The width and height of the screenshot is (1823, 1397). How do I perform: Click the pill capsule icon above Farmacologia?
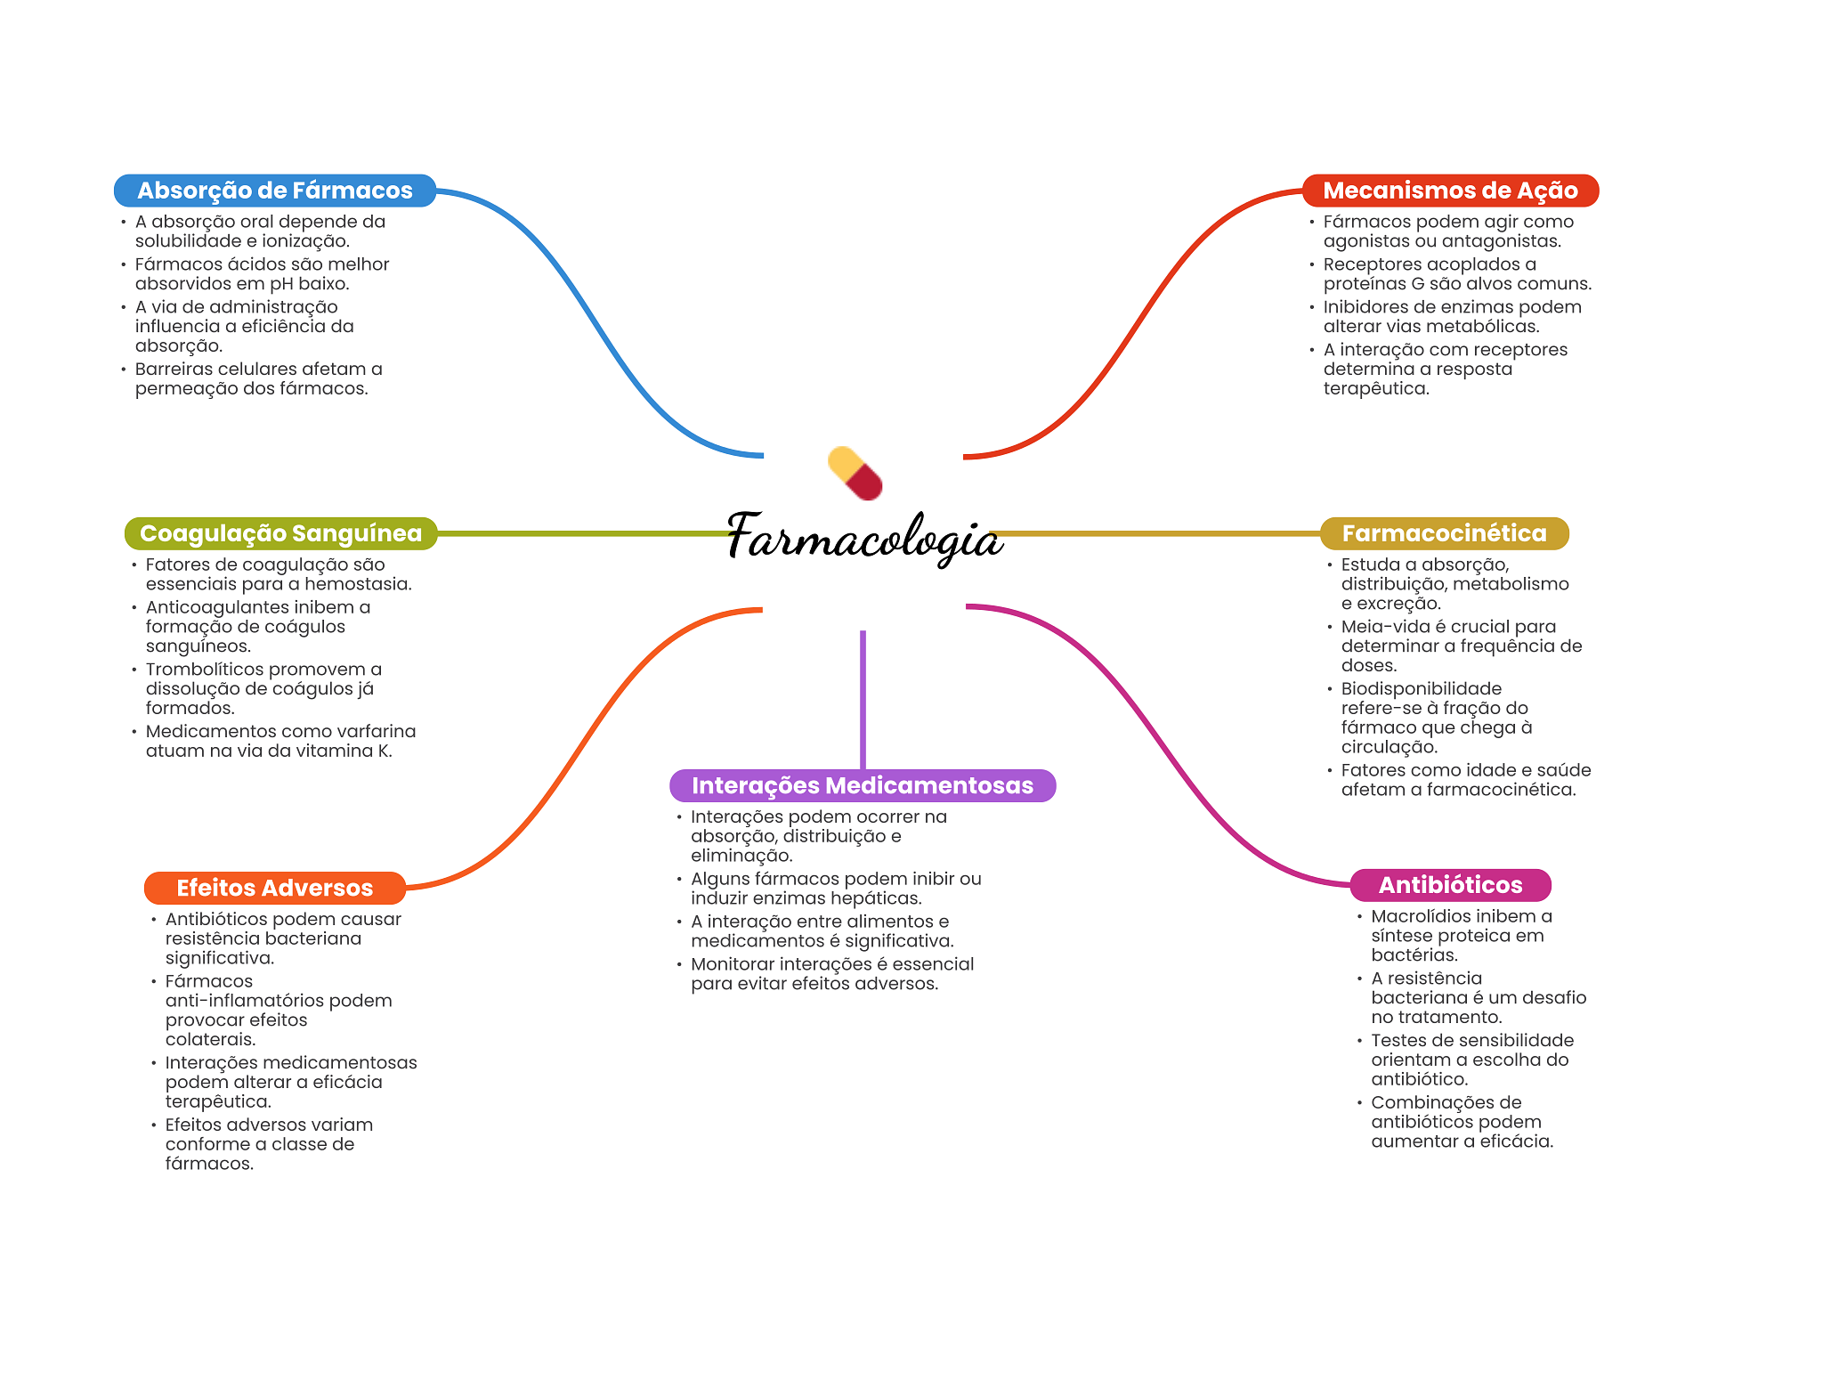click(x=855, y=473)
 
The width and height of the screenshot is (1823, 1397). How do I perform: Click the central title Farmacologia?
click(x=864, y=538)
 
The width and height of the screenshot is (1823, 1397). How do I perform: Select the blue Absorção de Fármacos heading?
click(x=274, y=191)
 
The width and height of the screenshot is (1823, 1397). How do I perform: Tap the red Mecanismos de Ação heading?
click(x=1450, y=191)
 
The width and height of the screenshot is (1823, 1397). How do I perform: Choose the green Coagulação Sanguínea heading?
click(x=280, y=533)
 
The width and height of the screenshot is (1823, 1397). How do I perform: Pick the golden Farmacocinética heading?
click(x=1444, y=533)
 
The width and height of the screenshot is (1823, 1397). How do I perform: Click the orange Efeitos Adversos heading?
click(x=274, y=888)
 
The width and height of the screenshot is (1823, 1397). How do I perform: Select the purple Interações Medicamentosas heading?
click(x=862, y=785)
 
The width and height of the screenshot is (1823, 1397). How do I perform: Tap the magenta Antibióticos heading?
click(x=1450, y=885)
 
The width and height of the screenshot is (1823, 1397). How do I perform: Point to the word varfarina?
click(x=374, y=731)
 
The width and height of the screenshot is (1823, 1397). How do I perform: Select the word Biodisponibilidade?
click(x=1421, y=688)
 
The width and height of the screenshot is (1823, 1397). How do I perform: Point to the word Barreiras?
click(x=176, y=369)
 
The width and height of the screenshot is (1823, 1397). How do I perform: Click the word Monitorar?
click(x=732, y=963)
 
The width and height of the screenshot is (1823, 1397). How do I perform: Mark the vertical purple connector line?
click(x=863, y=699)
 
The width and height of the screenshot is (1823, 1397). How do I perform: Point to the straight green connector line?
click(x=583, y=533)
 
